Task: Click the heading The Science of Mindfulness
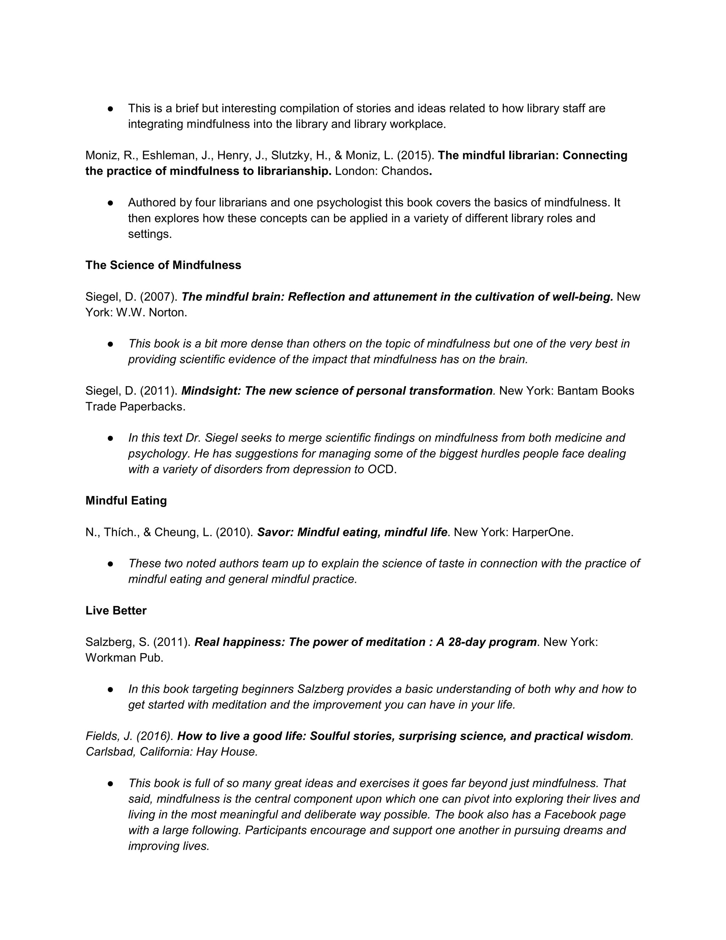[163, 265]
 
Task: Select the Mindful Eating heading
[126, 501]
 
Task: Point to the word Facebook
[568, 815]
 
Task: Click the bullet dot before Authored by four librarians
[111, 203]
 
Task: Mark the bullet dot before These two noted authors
[111, 564]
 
